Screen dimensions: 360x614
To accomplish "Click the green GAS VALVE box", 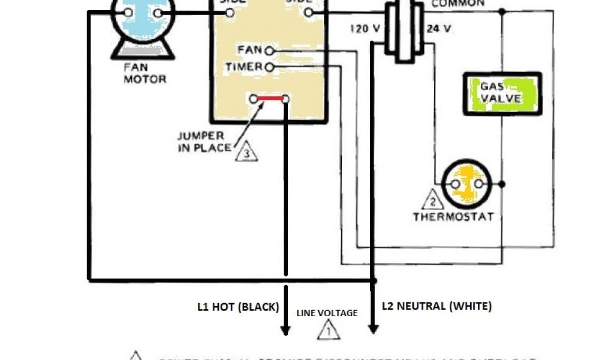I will pyautogui.click(x=502, y=94).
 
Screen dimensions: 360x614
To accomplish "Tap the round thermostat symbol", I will pyautogui.click(x=466, y=184).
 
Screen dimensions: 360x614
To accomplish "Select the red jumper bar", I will pyautogui.click(x=270, y=98).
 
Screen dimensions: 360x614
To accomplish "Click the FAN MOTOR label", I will pyautogui.click(x=145, y=73).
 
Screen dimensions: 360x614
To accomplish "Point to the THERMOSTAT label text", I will pyautogui.click(x=453, y=217).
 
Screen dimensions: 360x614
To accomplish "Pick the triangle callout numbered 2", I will pyautogui.click(x=431, y=200).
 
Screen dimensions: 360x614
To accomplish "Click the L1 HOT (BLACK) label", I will pyautogui.click(x=239, y=307).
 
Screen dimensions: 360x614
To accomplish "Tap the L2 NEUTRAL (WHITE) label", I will pyautogui.click(x=437, y=306).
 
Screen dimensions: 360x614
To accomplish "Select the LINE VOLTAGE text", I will pyautogui.click(x=327, y=313).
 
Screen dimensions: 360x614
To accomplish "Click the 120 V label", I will pyautogui.click(x=363, y=28).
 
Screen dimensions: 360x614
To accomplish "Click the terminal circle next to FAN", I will pyautogui.click(x=269, y=51).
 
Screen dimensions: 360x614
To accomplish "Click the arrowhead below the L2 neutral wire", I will pyautogui.click(x=373, y=329).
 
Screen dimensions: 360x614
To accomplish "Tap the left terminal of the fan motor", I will pyautogui.click(x=128, y=13).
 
